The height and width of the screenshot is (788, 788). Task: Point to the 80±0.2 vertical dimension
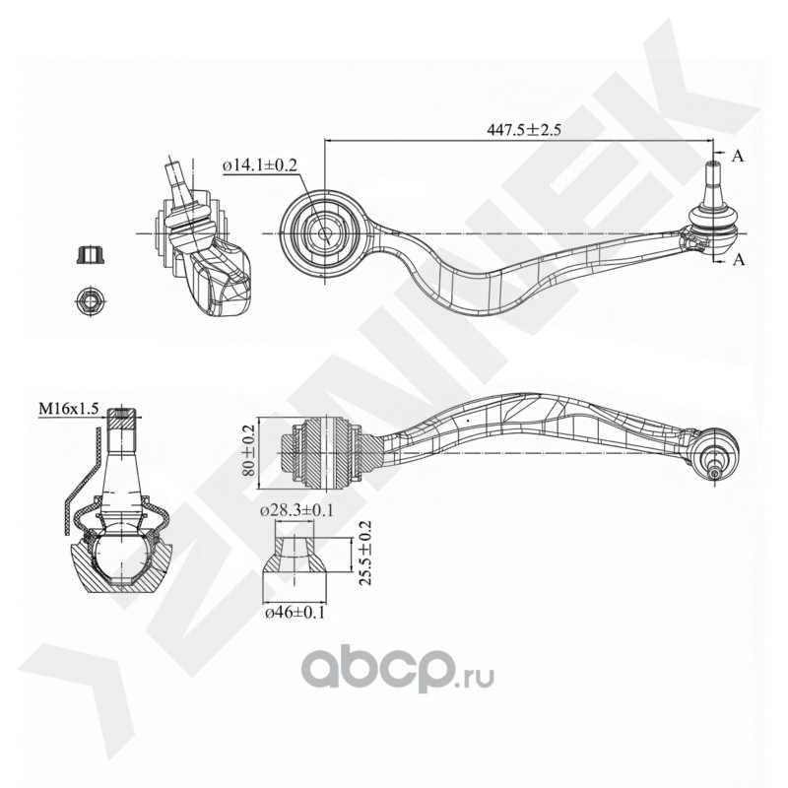pos(248,452)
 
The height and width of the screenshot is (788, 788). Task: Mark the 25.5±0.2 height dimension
pos(366,556)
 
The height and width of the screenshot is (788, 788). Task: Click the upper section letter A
pos(737,156)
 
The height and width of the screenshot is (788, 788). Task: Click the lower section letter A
pos(737,259)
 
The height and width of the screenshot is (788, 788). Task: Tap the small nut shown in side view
pos(90,255)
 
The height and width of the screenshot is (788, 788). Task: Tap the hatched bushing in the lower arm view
pos(328,452)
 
